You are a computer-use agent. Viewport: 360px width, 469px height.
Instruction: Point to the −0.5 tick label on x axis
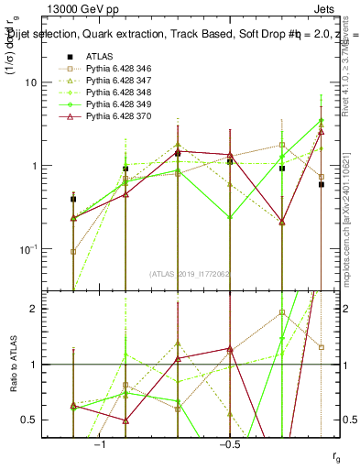[228, 444]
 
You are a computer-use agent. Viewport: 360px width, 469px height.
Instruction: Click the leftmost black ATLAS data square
[73, 199]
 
